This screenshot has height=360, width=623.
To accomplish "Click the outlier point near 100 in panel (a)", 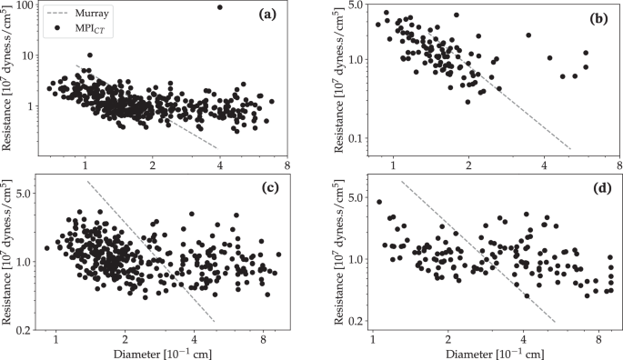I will pyautogui.click(x=220, y=7).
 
